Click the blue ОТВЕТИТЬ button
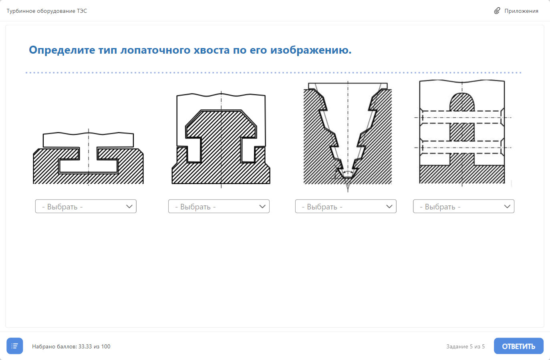(518, 346)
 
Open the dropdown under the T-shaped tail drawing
(86, 206)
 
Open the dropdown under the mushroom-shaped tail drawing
(219, 206)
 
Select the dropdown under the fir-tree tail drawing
(346, 206)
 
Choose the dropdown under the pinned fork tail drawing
(463, 206)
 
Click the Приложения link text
(521, 11)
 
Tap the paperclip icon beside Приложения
(497, 11)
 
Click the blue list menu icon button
(15, 346)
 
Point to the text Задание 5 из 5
(465, 346)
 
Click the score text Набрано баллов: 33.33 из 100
(71, 346)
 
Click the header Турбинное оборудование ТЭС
(46, 11)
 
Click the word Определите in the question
(62, 50)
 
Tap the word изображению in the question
(311, 50)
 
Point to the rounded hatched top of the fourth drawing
(462, 102)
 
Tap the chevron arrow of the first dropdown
(129, 206)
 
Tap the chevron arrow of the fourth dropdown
(507, 206)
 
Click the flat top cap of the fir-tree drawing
(348, 86)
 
